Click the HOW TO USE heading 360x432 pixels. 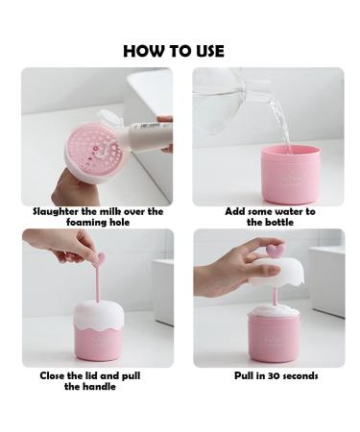coord(174,50)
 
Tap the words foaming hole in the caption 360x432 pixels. coord(97,222)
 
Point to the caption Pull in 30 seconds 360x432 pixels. coord(276,375)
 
